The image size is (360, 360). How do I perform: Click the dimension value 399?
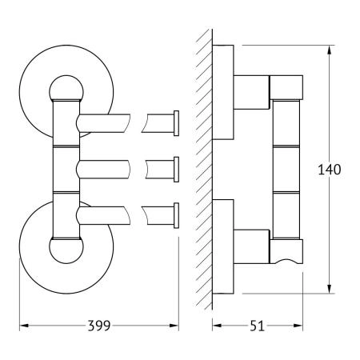99,326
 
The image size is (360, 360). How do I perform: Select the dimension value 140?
330,170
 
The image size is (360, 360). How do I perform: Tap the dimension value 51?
257,326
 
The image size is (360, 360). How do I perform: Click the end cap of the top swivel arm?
176,123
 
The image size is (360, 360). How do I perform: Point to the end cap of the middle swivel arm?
176,170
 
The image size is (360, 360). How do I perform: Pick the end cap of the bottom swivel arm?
176,215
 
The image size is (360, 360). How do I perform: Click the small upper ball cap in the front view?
66,88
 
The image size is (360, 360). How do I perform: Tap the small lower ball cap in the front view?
66,250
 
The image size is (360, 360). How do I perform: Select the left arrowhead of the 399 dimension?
24,326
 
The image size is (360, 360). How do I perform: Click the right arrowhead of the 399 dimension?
174,326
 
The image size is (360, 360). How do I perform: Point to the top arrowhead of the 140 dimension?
330,50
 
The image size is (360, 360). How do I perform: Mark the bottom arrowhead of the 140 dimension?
330,289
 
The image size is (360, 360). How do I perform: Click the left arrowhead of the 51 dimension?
217,326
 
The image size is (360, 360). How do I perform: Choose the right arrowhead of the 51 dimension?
298,326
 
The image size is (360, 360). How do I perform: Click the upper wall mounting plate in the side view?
223,92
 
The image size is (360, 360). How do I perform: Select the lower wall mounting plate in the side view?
223,246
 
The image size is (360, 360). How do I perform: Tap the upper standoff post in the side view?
251,92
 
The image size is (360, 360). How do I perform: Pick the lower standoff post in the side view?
251,246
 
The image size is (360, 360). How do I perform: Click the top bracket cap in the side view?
286,87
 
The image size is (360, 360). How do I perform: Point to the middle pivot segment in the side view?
286,169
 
